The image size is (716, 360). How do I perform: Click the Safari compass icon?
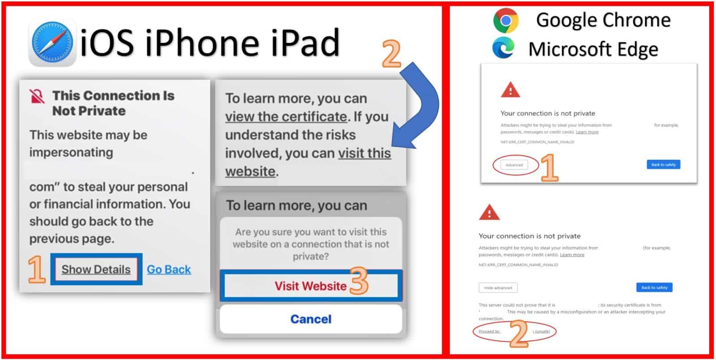52,43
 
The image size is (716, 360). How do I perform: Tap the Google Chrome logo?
506,21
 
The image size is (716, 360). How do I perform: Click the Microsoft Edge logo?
503,48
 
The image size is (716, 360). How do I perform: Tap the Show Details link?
96,270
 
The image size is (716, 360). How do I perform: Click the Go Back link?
169,270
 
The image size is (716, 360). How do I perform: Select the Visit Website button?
311,286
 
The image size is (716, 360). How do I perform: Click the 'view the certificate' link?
286,117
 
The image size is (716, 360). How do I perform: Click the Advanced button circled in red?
514,165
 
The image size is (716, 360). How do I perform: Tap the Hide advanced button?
498,287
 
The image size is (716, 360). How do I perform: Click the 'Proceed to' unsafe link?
489,331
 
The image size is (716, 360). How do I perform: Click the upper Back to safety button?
663,165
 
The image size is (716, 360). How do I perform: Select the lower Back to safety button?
654,287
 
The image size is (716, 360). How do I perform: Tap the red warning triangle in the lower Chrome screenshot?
489,213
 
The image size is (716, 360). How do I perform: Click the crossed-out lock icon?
37,96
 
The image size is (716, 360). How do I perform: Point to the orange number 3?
358,281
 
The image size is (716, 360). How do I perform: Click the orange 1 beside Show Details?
37,270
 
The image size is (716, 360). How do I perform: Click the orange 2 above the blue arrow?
392,54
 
